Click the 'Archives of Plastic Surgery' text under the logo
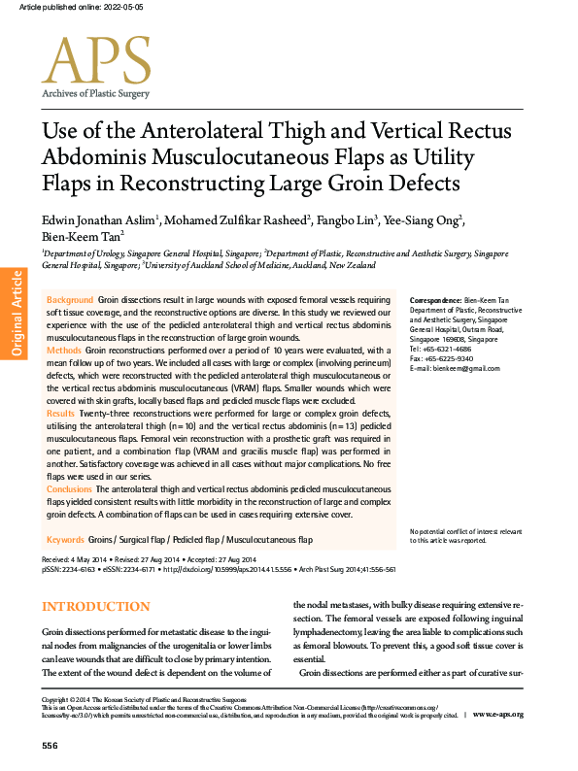point(94,94)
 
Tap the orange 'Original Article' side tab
point(16,312)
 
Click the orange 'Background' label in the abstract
point(70,301)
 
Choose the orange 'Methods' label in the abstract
point(64,348)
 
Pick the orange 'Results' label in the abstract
point(62,414)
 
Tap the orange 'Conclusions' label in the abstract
point(70,489)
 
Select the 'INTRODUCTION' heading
point(95,607)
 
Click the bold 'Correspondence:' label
point(436,302)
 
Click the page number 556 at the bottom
point(51,745)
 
